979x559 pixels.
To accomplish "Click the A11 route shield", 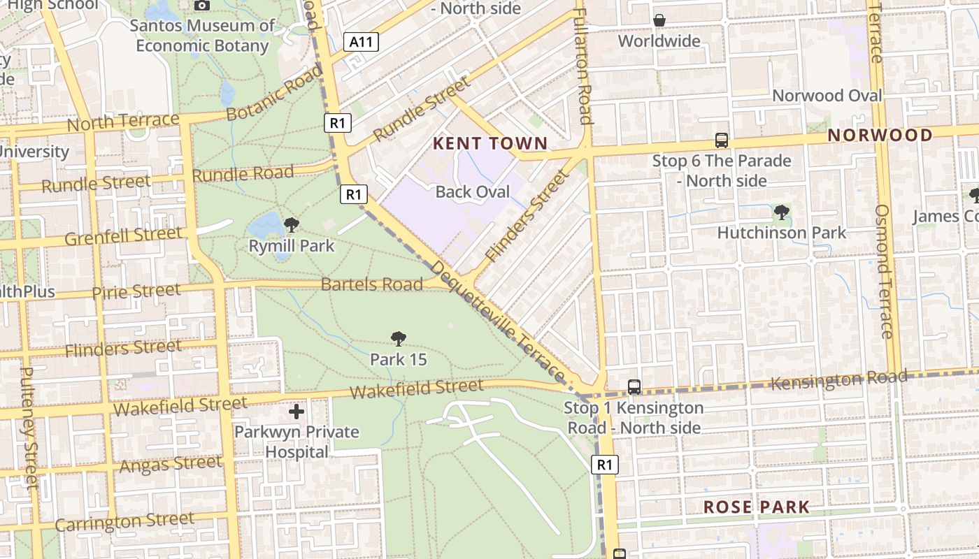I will coord(362,42).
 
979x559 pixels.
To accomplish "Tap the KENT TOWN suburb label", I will coord(490,144).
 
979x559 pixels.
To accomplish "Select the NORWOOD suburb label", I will coord(880,136).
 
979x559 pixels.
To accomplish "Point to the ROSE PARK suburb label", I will coord(756,507).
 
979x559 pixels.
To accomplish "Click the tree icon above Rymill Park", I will coord(292,225).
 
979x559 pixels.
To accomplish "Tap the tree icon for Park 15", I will coord(398,340).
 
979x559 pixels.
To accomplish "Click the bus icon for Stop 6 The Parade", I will coord(722,140).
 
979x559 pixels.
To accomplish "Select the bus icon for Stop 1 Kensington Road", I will coord(634,386).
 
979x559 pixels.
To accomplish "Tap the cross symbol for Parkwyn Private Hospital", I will coord(296,412).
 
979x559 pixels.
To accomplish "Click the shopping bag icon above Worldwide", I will coord(659,21).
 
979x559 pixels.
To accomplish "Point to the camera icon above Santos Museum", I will coord(202,6).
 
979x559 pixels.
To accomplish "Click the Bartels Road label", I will coord(372,284).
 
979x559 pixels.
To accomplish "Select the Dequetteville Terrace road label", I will coord(498,321).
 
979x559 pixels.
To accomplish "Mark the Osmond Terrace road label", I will coord(884,271).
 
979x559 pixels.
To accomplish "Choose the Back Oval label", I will coord(473,192).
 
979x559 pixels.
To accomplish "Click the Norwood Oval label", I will coord(827,96).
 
